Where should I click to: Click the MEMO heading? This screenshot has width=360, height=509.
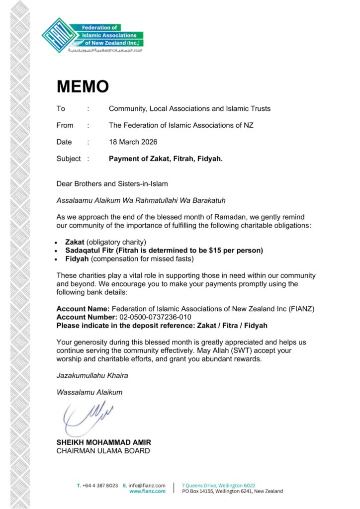(x=83, y=86)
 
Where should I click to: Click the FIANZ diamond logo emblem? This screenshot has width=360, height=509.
(x=60, y=36)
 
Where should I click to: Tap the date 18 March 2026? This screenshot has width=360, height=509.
(x=133, y=142)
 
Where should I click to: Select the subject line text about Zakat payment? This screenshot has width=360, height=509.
(x=166, y=159)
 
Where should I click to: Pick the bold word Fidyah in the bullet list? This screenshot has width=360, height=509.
(x=77, y=258)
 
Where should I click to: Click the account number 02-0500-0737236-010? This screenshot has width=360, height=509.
(x=155, y=317)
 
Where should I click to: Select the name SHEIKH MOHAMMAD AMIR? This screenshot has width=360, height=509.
(x=103, y=443)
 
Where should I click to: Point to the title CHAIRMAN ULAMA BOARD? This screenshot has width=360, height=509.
(x=103, y=451)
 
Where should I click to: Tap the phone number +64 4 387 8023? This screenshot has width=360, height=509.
(x=100, y=485)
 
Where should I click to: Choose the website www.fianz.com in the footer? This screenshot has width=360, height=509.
(x=147, y=491)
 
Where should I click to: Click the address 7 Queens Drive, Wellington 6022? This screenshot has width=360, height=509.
(x=219, y=485)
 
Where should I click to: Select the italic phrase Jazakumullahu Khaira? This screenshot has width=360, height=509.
(x=92, y=376)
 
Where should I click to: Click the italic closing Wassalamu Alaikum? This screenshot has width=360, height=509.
(x=89, y=392)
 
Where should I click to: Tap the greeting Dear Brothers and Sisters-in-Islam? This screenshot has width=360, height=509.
(x=112, y=184)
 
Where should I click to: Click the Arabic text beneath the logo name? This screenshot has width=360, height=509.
(x=105, y=50)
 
